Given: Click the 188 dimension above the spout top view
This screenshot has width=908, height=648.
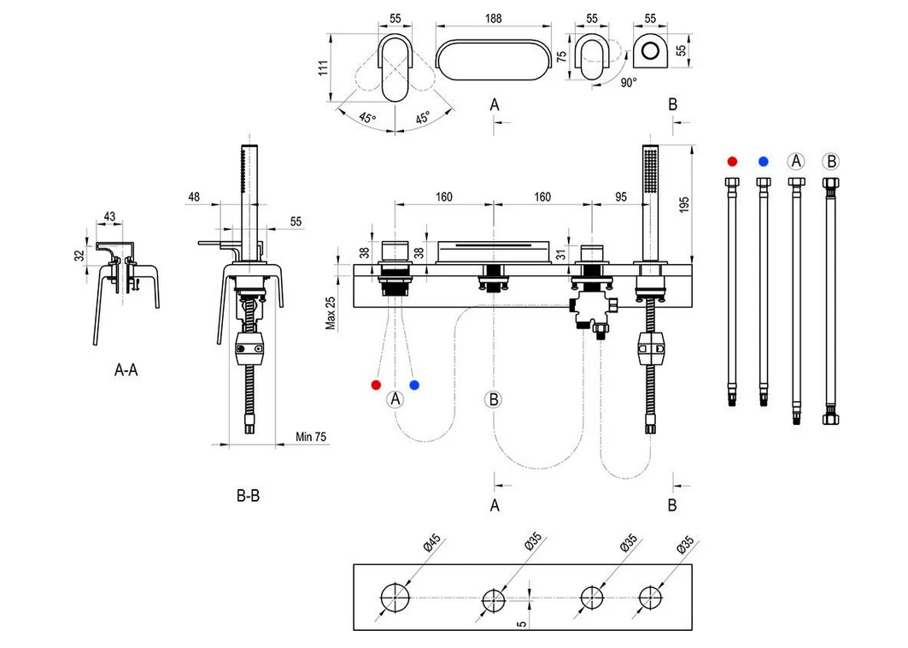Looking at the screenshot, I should (493, 19).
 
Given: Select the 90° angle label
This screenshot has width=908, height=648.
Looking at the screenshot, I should (629, 82).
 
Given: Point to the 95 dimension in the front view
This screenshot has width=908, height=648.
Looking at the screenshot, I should (621, 197).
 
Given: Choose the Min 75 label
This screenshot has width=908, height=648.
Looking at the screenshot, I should (311, 437).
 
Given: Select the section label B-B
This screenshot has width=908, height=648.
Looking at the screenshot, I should (248, 496).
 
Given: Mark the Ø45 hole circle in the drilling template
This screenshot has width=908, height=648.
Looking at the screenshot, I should (395, 596).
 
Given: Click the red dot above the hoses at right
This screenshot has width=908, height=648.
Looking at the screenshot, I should (731, 161).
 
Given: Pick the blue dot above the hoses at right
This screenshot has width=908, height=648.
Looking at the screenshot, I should (763, 161).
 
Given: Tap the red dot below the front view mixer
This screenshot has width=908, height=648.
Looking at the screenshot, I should (376, 385).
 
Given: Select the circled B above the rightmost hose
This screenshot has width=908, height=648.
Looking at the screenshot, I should (829, 161).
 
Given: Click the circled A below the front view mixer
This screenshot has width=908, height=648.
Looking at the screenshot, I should (395, 398).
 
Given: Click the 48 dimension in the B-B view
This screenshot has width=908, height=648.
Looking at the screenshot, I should (193, 197).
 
